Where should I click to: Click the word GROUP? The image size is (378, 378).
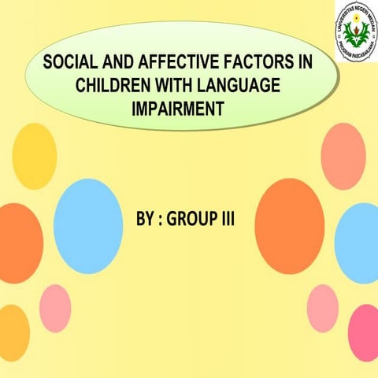pyautogui.click(x=192, y=217)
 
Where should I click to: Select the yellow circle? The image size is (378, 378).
pyautogui.click(x=35, y=155)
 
